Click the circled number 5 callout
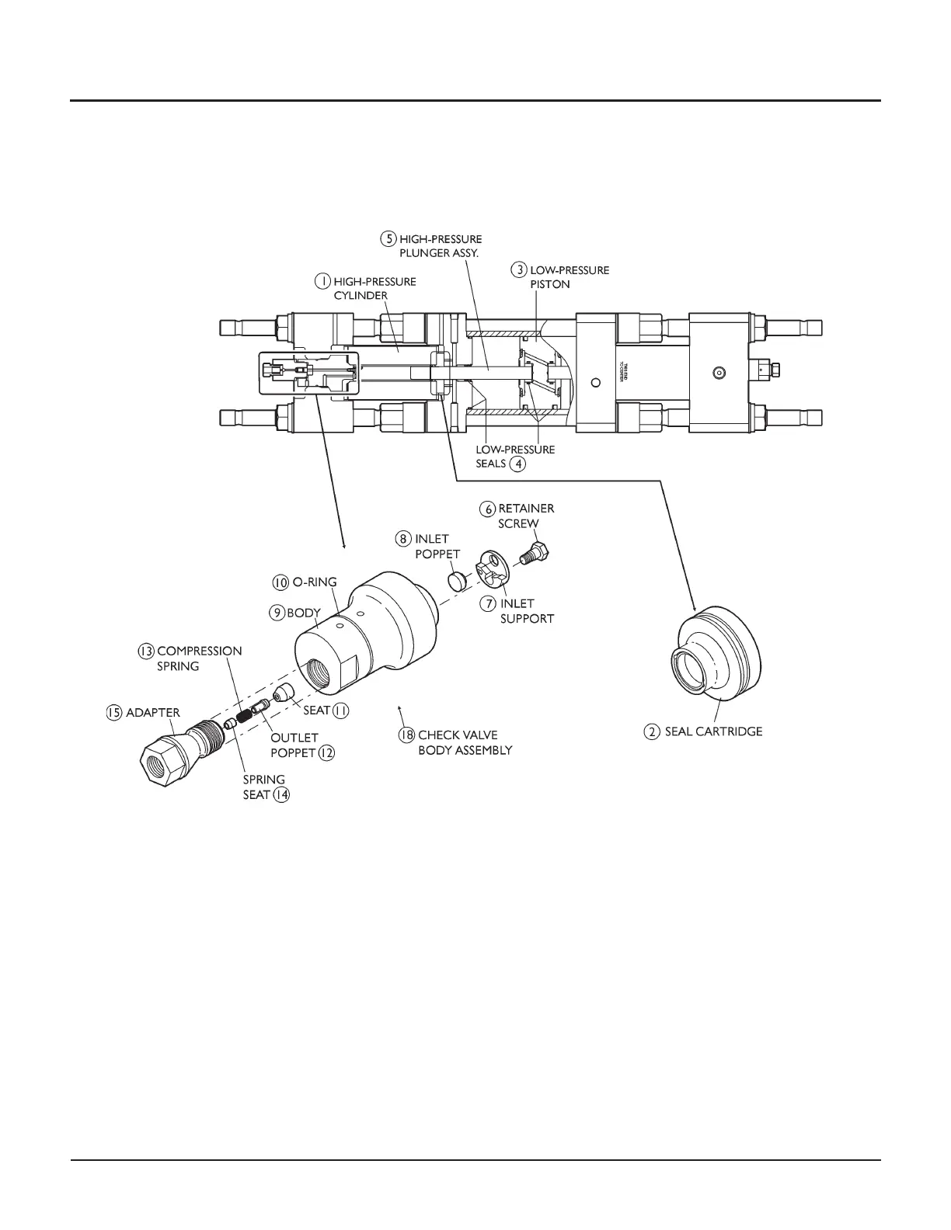(388, 238)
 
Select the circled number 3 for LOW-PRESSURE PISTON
(518, 270)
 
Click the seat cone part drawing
(284, 692)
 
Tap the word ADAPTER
(153, 712)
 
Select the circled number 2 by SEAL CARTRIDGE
(653, 731)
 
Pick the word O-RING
(314, 582)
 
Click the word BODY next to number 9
(304, 613)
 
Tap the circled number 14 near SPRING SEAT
(281, 795)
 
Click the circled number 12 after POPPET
(326, 752)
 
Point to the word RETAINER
(526, 509)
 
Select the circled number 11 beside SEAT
(340, 711)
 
